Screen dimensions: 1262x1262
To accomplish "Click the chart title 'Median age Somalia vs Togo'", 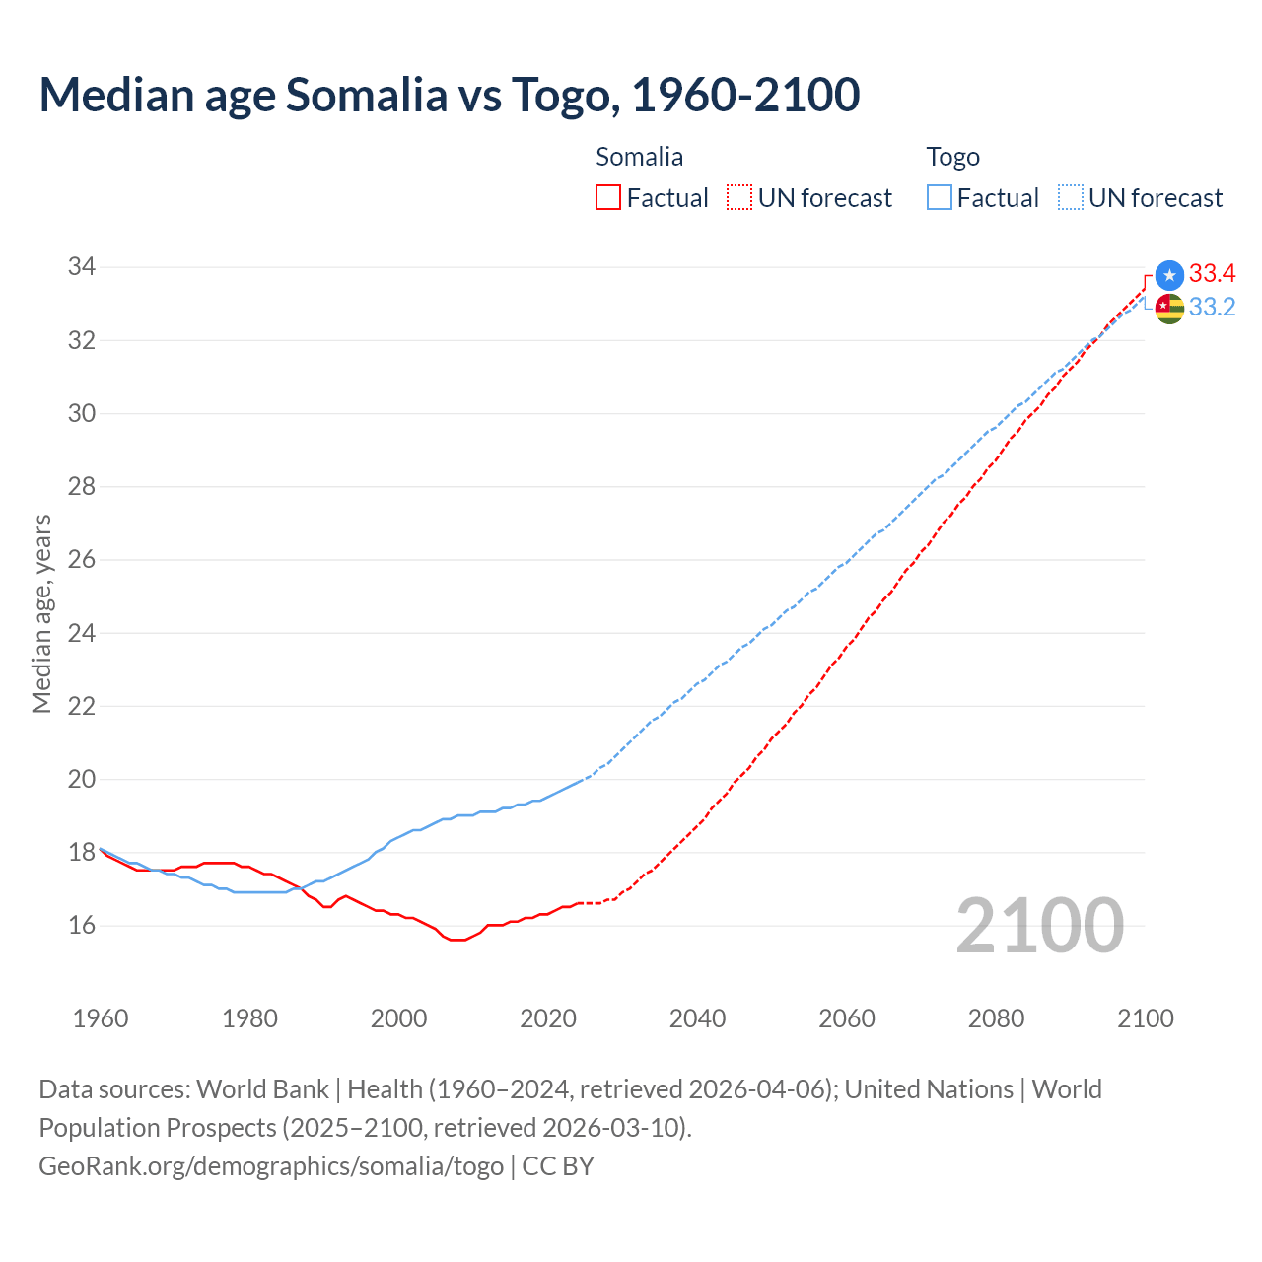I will [449, 95].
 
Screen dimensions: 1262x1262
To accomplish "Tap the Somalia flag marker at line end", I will [1169, 275].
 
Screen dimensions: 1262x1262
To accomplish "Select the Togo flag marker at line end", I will [1169, 309].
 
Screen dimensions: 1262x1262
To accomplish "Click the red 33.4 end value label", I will [1212, 274].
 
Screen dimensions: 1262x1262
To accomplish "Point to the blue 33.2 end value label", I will [1212, 308].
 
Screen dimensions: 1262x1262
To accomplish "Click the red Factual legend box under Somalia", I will [608, 198].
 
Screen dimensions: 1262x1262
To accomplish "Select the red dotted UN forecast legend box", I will [739, 198].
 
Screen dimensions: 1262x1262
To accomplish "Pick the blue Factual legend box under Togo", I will [940, 198].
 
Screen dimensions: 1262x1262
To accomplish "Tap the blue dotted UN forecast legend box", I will [1070, 198].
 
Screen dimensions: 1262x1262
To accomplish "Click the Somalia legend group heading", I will [639, 157].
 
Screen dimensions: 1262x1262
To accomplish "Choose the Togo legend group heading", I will [952, 157].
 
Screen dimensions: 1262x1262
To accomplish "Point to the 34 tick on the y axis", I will [82, 267].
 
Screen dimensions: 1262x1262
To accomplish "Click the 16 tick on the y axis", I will [82, 926].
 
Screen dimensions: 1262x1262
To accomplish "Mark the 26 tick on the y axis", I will [82, 560].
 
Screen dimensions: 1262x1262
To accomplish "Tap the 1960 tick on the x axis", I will [101, 1018].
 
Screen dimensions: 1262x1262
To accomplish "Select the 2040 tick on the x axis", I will [697, 1018].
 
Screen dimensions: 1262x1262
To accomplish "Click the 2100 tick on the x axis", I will [1145, 1018].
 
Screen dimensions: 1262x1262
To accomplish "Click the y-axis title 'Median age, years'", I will [41, 613].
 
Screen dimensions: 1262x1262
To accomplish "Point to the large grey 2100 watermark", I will [1039, 926].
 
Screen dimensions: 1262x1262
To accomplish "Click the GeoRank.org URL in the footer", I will [271, 1166].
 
